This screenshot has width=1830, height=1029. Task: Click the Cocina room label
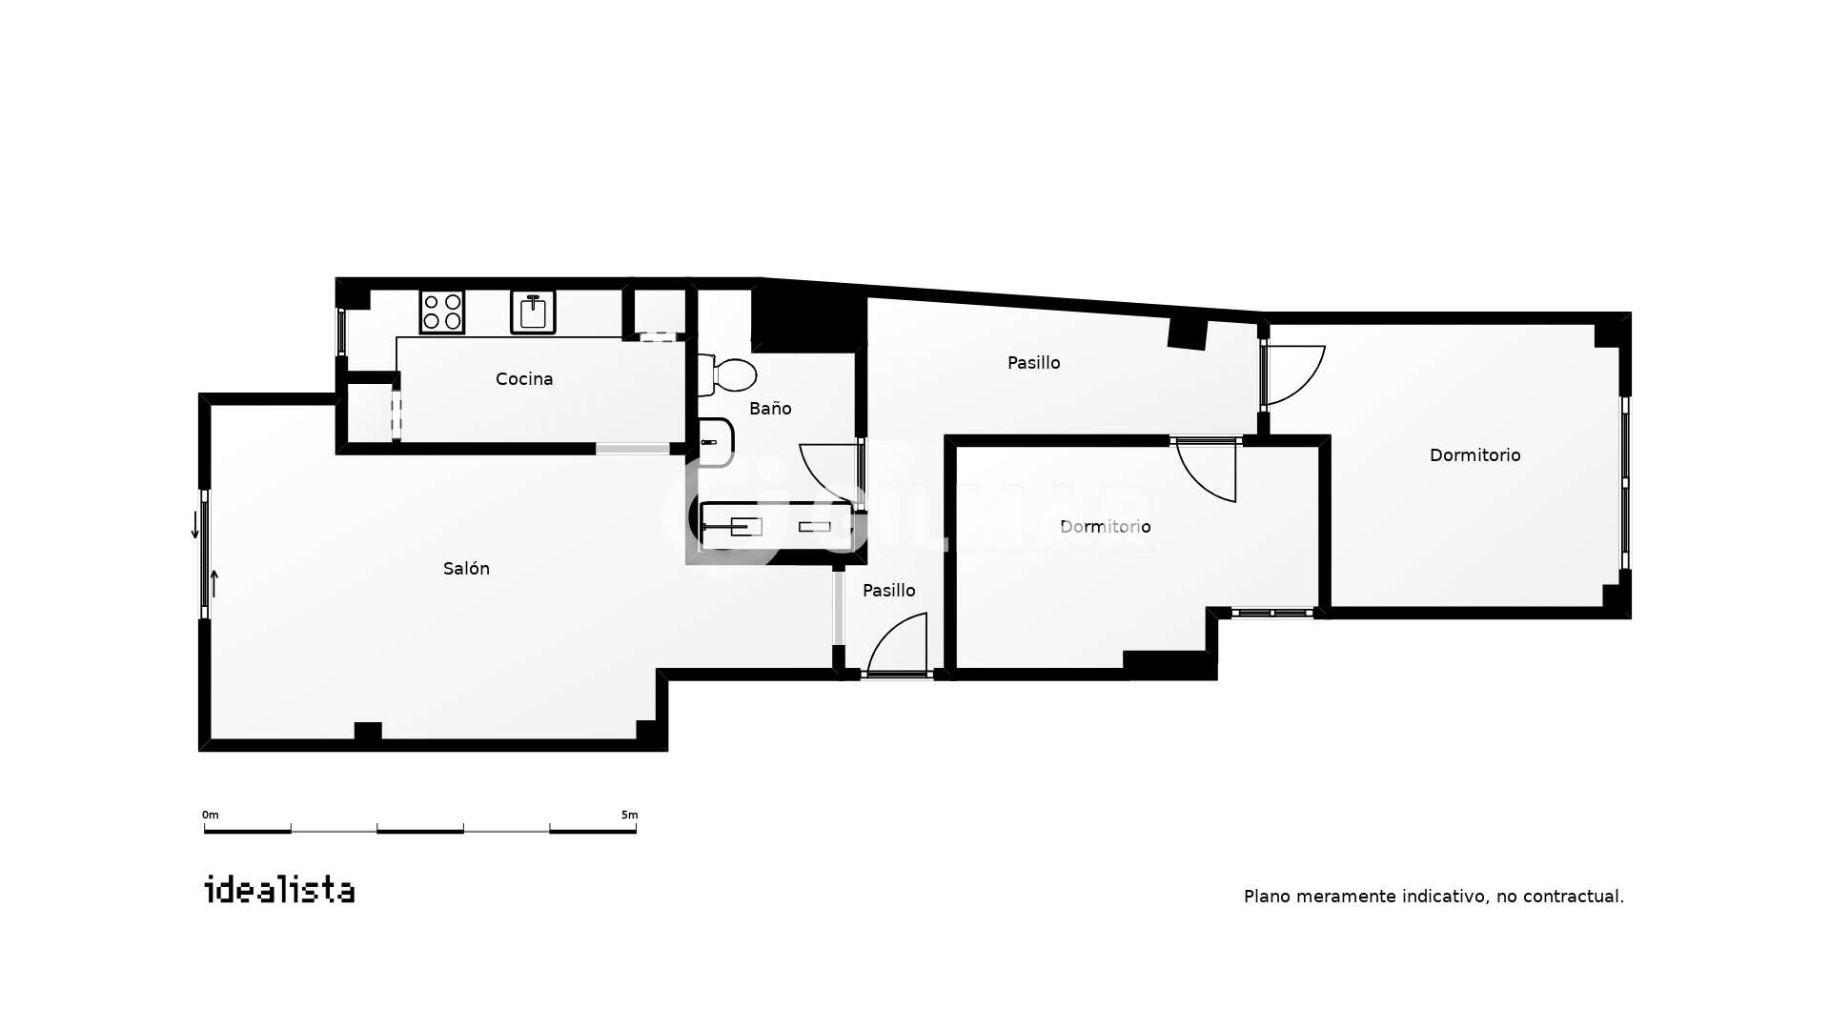(x=524, y=379)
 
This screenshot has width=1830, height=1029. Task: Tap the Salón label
(x=466, y=569)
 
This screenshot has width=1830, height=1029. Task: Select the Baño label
(x=770, y=409)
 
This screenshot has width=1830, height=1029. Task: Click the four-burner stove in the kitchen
(x=442, y=312)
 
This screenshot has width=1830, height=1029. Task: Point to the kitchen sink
(x=533, y=312)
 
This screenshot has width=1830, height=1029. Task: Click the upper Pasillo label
(x=1034, y=363)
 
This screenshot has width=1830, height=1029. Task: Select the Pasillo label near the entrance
(x=889, y=591)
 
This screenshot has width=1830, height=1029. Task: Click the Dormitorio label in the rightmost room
(x=1475, y=455)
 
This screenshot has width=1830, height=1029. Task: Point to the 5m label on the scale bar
(x=629, y=816)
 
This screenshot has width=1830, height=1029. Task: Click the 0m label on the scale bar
(x=211, y=816)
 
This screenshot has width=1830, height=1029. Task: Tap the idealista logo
(x=280, y=890)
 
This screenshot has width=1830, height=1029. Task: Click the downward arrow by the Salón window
(x=195, y=525)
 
